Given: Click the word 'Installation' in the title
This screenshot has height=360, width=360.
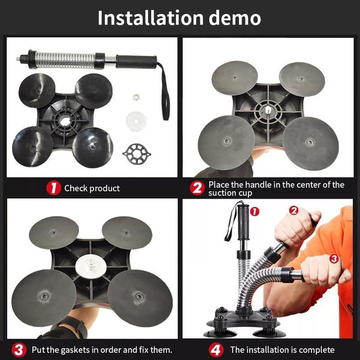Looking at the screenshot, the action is (151, 18).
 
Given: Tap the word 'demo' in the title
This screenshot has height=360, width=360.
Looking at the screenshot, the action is (235, 18).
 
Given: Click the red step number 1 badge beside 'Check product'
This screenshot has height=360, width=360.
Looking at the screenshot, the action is (53, 188).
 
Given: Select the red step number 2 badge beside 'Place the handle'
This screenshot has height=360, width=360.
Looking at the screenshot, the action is (197, 188).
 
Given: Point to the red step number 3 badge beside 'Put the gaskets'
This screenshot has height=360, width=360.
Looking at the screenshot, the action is (19, 350).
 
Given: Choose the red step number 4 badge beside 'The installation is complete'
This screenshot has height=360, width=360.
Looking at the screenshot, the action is (216, 350).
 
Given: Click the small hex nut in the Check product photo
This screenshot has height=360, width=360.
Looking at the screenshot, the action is (136, 97).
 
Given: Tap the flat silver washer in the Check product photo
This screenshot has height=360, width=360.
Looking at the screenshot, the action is (136, 121).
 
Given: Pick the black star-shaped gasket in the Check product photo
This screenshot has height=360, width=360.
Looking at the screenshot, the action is (137, 154).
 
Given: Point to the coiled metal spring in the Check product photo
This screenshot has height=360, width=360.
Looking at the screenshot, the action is (65, 61).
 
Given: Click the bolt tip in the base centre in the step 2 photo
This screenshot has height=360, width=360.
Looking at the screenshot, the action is (268, 110).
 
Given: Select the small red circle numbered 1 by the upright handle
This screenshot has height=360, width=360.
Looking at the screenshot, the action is (254, 211).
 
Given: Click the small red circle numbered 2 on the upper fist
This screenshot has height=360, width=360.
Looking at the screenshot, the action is (293, 210).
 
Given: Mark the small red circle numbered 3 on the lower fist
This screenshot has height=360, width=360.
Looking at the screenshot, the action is (334, 259).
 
